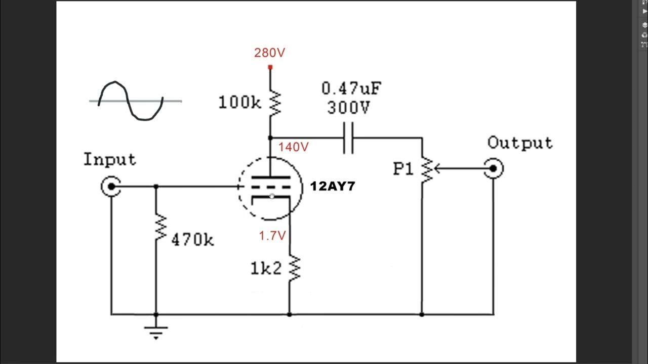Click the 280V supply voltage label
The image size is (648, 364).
(x=269, y=53)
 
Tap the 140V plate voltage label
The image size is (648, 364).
(x=293, y=147)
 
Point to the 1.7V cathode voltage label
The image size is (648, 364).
(x=272, y=236)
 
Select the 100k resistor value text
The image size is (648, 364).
(x=239, y=103)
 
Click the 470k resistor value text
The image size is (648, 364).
(x=192, y=240)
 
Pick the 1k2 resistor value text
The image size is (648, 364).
(x=266, y=269)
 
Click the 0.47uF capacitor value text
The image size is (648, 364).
(x=351, y=89)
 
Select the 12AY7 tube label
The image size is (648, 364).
(x=333, y=187)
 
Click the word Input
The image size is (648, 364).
(x=110, y=160)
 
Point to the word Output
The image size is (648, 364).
(x=520, y=143)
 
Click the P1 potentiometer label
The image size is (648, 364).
(x=403, y=169)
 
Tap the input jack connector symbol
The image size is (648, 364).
(x=110, y=187)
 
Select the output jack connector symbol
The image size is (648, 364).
(x=493, y=168)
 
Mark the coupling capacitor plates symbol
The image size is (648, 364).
(x=348, y=138)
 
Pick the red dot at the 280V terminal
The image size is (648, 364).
(x=270, y=67)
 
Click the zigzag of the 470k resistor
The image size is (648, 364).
(x=160, y=227)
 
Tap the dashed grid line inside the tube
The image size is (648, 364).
(x=271, y=187)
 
